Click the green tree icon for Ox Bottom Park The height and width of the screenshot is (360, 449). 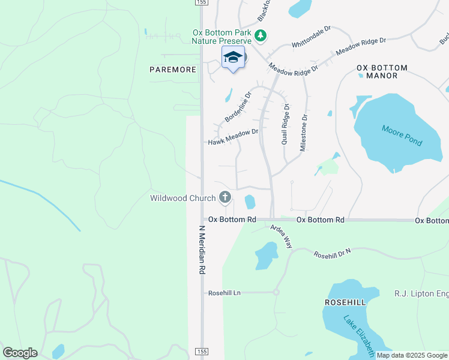point(261,36)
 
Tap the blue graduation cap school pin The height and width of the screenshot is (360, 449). point(233,58)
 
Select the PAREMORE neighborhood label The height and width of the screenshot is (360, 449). point(173,70)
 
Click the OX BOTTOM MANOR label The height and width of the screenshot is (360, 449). point(382,71)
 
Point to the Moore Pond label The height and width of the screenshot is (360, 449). point(402,136)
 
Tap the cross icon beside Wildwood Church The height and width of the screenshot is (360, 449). point(225,197)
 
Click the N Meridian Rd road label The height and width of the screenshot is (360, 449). point(202,251)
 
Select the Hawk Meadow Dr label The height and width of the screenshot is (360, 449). point(233,137)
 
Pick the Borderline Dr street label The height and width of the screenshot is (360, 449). point(238,107)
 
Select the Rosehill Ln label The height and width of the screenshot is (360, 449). point(224,293)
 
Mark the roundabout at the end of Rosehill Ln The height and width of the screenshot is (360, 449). point(276,292)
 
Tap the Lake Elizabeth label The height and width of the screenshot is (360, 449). point(359,334)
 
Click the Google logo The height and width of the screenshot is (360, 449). point(20,353)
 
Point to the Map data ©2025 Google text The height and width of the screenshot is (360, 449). point(412,356)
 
